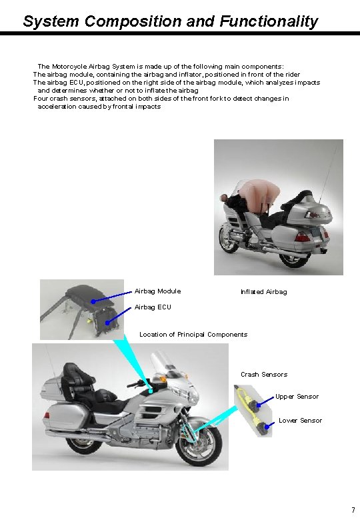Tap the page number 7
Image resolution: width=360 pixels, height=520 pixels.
point(353,511)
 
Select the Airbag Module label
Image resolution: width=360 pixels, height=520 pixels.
point(157,291)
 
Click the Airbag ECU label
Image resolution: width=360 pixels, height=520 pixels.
point(153,307)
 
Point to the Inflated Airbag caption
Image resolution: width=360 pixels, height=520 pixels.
point(263,292)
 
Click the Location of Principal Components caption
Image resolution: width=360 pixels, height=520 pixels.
point(193,334)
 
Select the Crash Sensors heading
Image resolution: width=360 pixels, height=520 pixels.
point(264,375)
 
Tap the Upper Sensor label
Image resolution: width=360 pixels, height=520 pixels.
point(297,397)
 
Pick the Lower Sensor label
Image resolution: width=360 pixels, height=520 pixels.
point(300,420)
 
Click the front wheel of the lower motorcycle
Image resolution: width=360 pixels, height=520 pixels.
point(200,443)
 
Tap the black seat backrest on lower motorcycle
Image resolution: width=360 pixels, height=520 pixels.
point(72,376)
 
